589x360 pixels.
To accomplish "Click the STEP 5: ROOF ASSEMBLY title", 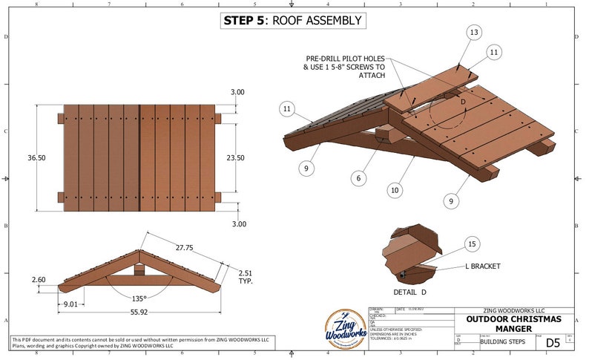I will (293, 21).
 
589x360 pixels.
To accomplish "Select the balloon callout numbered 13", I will (474, 33).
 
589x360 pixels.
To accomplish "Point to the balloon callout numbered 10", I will (395, 191).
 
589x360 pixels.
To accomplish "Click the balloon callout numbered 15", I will (471, 243).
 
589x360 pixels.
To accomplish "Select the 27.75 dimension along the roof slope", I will (180, 246).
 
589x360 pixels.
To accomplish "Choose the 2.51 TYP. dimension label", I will (246, 277).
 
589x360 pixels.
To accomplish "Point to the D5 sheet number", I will (553, 342).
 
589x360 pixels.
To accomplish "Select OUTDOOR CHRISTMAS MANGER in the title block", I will (513, 324).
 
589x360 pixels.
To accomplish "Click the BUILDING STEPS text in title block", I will (501, 342).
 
